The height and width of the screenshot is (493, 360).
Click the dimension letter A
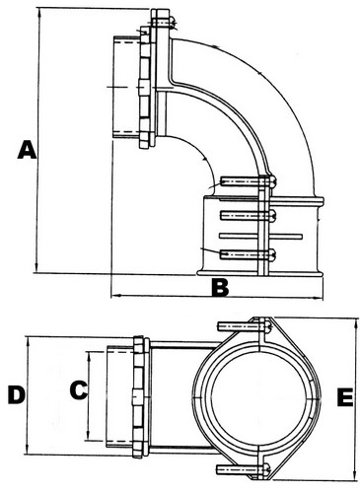27,150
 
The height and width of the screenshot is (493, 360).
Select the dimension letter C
79,390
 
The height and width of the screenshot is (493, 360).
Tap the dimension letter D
17,394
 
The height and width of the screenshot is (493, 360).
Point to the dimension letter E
345,397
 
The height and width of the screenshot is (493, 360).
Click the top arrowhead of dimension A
39,13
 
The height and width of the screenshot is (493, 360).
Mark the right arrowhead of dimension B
319,298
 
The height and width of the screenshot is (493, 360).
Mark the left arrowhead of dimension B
115,296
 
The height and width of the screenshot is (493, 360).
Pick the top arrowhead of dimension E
356,322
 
